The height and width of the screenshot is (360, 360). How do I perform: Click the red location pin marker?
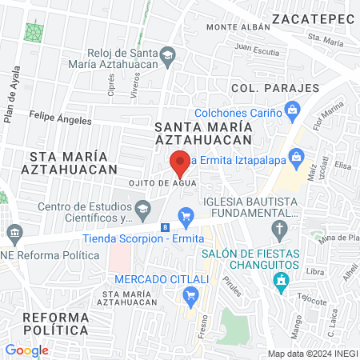(x=180, y=162)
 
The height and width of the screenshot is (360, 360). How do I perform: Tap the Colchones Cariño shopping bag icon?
(x=294, y=108)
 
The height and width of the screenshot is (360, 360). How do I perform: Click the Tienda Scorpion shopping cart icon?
(x=186, y=214)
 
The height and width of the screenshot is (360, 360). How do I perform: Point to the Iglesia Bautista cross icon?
(x=279, y=231)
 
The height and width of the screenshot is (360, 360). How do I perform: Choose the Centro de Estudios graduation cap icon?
(x=142, y=210)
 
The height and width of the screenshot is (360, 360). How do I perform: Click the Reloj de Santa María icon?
(x=167, y=54)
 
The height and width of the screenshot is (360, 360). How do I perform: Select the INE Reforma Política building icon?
(x=14, y=235)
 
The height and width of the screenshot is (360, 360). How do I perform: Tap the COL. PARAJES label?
(x=274, y=88)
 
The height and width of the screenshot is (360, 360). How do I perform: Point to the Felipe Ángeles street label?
(x=60, y=118)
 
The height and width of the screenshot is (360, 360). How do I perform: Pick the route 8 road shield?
(x=165, y=228)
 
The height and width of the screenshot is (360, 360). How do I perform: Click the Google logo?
(x=26, y=350)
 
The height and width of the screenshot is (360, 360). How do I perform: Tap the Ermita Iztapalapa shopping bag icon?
(x=297, y=154)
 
